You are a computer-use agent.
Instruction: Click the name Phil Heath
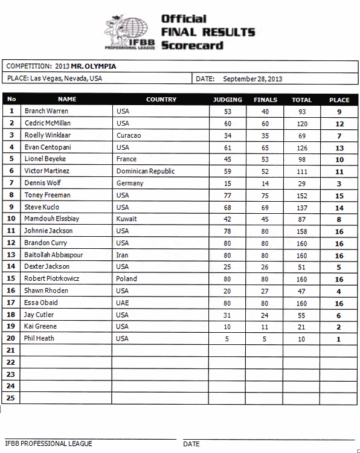[39, 338]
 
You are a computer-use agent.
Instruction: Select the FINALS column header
[265, 100]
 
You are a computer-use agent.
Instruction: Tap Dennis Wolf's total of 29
[301, 183]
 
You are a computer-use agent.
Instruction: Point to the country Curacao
[129, 135]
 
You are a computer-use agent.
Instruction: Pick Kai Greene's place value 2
[339, 327]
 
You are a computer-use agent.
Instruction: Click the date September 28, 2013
[252, 79]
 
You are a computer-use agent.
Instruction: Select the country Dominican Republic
[146, 171]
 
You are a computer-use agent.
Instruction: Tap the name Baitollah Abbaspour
[54, 255]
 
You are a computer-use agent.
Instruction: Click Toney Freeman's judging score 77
[228, 195]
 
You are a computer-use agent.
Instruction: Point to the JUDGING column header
[228, 100]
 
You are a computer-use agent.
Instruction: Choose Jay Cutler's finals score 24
[265, 315]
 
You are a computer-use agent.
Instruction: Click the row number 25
[11, 398]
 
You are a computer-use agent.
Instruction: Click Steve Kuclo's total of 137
[301, 207]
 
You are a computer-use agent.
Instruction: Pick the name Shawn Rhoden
[46, 291]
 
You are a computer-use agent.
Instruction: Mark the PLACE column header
[339, 100]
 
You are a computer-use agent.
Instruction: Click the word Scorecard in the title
[192, 45]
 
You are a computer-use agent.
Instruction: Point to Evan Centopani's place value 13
[339, 147]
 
